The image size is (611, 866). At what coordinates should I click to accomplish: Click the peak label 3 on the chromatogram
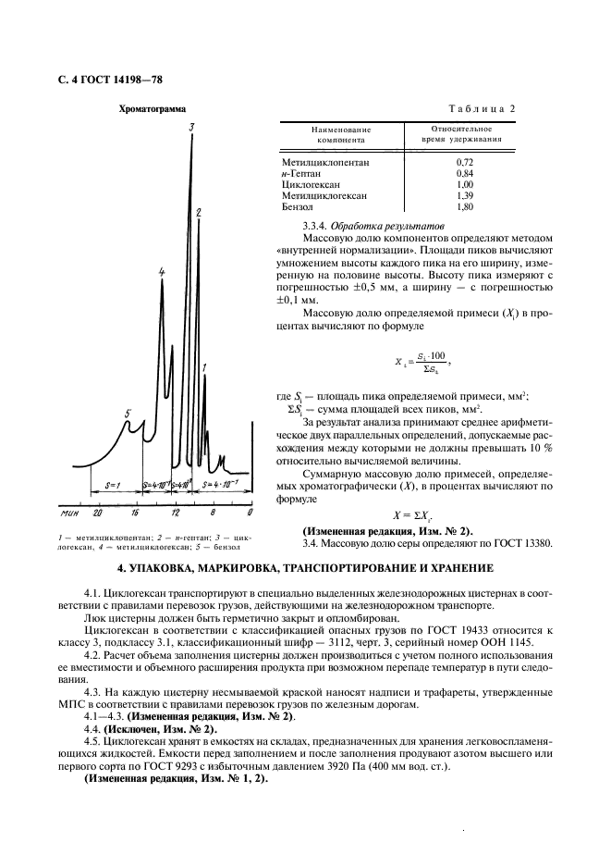click(190, 127)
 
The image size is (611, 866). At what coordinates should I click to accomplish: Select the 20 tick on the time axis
click(96, 511)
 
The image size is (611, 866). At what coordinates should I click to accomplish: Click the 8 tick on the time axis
click(212, 511)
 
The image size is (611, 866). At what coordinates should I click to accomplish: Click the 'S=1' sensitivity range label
click(115, 484)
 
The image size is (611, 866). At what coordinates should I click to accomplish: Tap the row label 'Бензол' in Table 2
click(299, 207)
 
